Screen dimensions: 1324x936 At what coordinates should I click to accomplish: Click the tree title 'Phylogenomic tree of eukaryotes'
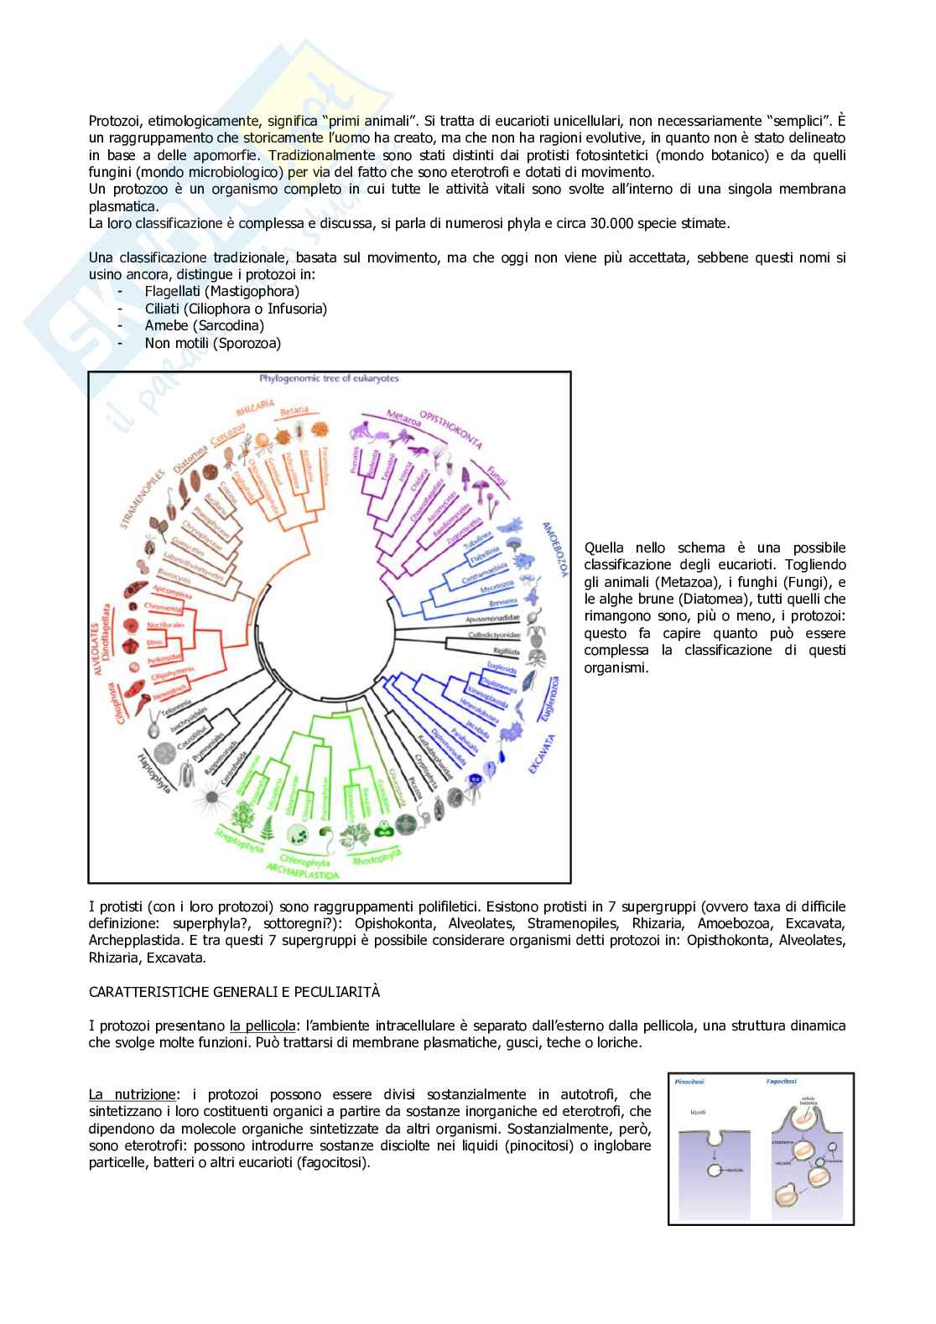pyautogui.click(x=330, y=379)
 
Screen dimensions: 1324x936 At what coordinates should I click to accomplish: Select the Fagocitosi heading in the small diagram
pyautogui.click(x=783, y=1083)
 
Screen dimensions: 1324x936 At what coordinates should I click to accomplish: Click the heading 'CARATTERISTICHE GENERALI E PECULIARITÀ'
pyautogui.click(x=234, y=992)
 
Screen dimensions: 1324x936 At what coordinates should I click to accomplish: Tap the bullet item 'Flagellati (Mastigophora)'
pyautogui.click(x=221, y=291)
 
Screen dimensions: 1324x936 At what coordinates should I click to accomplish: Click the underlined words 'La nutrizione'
pyautogui.click(x=133, y=1094)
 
